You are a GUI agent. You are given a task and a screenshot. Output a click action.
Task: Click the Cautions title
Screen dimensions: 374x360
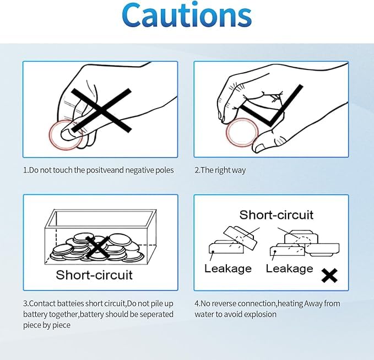pos(187,15)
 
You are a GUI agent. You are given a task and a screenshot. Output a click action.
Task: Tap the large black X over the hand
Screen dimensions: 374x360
pos(101,110)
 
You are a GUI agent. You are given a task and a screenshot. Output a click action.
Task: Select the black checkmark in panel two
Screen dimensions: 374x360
pos(270,105)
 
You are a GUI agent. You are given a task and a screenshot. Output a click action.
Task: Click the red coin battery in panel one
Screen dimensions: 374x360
pos(66,135)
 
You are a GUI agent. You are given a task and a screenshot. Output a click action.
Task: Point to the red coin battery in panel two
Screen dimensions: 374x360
pos(242,132)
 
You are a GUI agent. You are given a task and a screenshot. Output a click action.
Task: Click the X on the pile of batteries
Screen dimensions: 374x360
pos(97,247)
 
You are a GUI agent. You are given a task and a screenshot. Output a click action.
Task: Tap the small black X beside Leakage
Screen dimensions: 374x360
pos(329,276)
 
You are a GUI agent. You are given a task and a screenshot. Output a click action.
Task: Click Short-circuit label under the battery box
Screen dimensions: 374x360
pos(94,275)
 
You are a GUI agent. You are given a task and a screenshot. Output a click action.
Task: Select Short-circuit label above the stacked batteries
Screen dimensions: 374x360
pos(276,215)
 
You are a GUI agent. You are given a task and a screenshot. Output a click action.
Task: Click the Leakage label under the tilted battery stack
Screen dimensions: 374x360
pos(228,268)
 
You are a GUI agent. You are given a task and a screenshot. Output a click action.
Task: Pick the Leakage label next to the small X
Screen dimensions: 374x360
pos(289,268)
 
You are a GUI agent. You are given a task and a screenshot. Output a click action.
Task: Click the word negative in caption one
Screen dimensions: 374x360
pos(139,170)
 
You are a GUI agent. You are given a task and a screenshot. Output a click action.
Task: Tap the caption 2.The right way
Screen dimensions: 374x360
pos(220,170)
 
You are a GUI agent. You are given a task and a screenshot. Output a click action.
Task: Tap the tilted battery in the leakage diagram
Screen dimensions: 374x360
pos(240,238)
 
